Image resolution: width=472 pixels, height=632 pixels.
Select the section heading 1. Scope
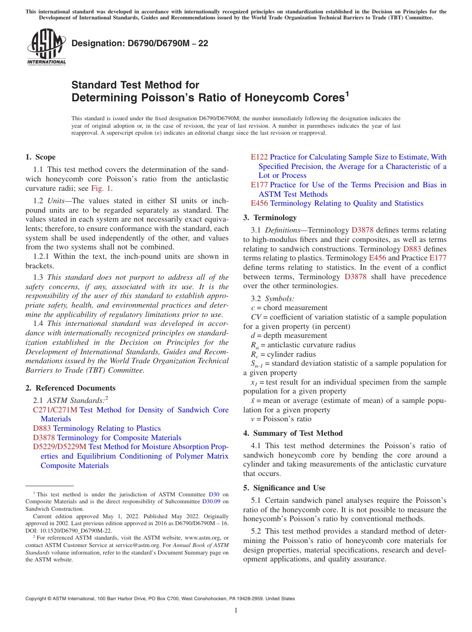click(41, 157)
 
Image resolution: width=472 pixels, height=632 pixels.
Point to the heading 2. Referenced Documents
click(70, 388)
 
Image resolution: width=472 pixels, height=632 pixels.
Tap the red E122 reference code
click(259, 157)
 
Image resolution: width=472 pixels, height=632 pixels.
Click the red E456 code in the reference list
click(259, 203)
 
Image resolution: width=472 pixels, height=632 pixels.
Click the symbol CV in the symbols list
click(256, 317)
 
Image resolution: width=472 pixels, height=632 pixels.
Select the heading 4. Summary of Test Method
click(293, 433)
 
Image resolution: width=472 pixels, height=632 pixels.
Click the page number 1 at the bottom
click(236, 611)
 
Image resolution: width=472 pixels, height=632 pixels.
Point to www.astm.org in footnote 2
click(203, 538)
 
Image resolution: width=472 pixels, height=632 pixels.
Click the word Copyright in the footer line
click(37, 599)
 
